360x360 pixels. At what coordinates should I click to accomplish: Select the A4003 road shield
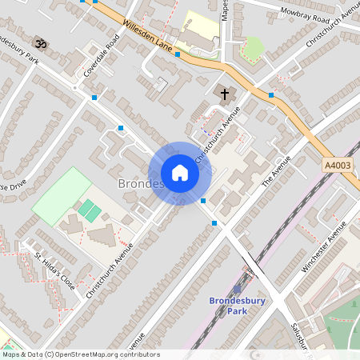(x=338, y=166)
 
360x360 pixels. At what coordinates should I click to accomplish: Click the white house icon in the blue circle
(x=180, y=173)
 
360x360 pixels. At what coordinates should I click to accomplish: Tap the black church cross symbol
(x=225, y=94)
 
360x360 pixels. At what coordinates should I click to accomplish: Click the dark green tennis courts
(x=90, y=211)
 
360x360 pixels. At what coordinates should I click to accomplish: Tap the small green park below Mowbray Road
(x=252, y=48)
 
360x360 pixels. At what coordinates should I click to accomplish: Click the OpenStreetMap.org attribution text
(x=106, y=354)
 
